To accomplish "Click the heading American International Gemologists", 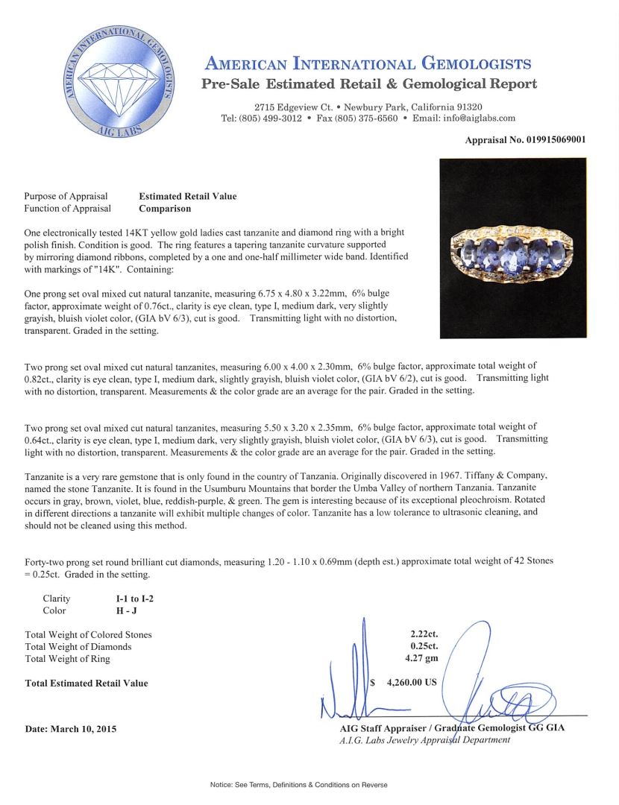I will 368,64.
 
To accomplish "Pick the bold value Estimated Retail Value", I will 187,197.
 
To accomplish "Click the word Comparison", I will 164,209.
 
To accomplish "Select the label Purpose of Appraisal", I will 66,197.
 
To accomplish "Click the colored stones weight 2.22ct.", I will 419,634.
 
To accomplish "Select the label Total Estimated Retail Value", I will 87,683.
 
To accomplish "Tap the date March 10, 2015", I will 70,728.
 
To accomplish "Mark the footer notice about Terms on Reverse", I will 298,785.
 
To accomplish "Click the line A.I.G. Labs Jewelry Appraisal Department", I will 425,739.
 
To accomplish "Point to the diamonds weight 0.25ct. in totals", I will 419,646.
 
